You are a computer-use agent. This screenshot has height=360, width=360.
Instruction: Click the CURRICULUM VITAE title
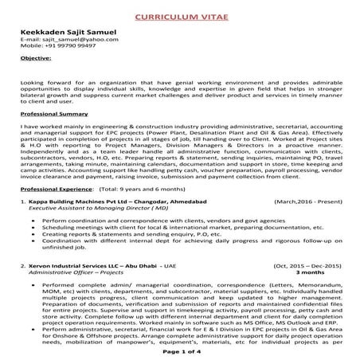[179, 15]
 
